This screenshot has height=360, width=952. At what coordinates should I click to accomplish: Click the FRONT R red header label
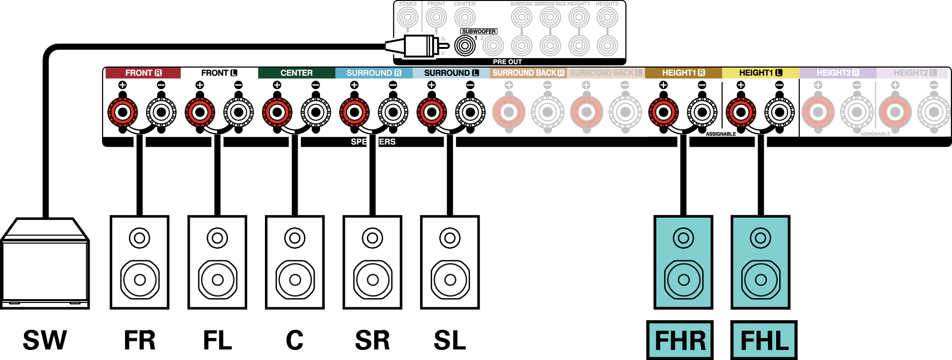[x=143, y=73]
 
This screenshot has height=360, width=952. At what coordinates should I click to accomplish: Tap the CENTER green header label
[x=296, y=73]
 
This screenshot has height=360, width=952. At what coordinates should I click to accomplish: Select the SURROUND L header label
[x=451, y=73]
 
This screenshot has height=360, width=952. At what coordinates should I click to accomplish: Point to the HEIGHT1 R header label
[x=683, y=73]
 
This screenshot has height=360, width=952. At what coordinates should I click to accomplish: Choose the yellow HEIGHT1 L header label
[x=760, y=73]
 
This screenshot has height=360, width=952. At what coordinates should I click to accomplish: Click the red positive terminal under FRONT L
[x=200, y=112]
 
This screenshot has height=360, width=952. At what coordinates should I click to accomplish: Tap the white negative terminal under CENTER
[x=316, y=112]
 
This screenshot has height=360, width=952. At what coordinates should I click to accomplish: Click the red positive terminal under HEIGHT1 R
[x=663, y=112]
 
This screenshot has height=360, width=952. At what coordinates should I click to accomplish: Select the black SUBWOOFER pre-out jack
[x=465, y=46]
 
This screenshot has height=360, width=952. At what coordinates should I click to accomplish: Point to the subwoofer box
[x=45, y=264]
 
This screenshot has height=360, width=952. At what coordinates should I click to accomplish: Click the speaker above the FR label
[x=139, y=262]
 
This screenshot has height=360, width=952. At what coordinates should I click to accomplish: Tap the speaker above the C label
[x=295, y=262]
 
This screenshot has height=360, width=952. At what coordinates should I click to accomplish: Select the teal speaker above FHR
[x=683, y=262]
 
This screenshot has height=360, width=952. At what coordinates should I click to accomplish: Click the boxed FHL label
[x=764, y=340]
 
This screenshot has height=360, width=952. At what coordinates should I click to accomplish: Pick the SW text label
[x=45, y=340]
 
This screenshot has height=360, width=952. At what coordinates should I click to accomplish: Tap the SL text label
[x=449, y=340]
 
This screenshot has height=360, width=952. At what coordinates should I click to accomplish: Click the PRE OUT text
[x=507, y=62]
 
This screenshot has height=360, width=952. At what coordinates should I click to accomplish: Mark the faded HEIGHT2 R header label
[x=837, y=73]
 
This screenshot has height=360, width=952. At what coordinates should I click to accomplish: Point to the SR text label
[x=372, y=340]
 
